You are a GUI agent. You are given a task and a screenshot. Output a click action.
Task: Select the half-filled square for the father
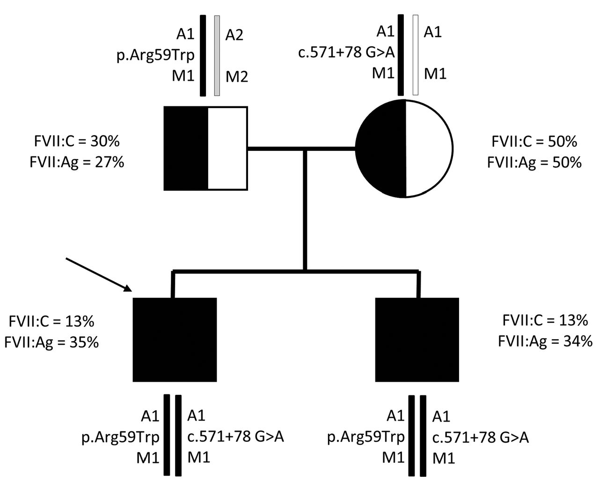point(205,148)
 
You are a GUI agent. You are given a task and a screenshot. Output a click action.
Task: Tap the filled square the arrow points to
point(175,340)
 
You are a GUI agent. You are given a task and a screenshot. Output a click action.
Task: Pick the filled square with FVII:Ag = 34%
point(417,340)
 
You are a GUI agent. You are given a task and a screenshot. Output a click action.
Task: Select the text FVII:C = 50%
point(534,141)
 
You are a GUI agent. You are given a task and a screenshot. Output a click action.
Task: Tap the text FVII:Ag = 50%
point(534,163)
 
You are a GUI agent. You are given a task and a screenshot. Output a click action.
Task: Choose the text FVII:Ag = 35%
point(51,342)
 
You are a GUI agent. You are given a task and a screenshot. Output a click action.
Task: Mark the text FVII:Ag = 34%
point(545,342)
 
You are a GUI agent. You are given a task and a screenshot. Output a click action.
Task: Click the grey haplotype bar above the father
point(217,56)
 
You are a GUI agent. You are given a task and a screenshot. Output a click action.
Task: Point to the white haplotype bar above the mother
point(415,55)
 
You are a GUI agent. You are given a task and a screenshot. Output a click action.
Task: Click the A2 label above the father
point(234,35)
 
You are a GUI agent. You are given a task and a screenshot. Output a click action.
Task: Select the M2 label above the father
point(237,76)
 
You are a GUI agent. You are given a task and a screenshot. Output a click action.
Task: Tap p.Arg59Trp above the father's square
point(155,55)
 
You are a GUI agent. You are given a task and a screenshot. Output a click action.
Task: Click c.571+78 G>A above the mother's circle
point(347,52)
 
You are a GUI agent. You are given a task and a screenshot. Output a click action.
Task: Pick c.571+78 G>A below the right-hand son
point(481,437)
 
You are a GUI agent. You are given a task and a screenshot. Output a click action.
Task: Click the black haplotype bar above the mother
point(401,55)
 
